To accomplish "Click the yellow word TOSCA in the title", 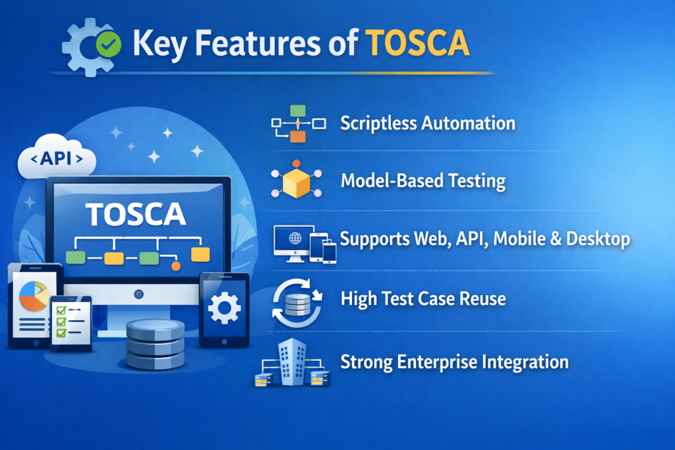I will coord(418,43).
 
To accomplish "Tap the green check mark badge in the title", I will coord(107,44).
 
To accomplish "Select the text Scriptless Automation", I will coord(428,123).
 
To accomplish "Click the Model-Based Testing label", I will coord(423,181).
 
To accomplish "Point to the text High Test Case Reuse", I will coord(423,298).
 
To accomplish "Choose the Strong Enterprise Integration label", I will coord(454,361).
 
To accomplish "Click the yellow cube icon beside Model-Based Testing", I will coord(296,182).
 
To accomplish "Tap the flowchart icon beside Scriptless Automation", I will coord(298,123).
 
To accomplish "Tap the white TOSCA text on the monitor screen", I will coord(135,214).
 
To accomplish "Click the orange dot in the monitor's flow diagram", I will coord(175,266).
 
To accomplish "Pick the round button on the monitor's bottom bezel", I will coord(138,294).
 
